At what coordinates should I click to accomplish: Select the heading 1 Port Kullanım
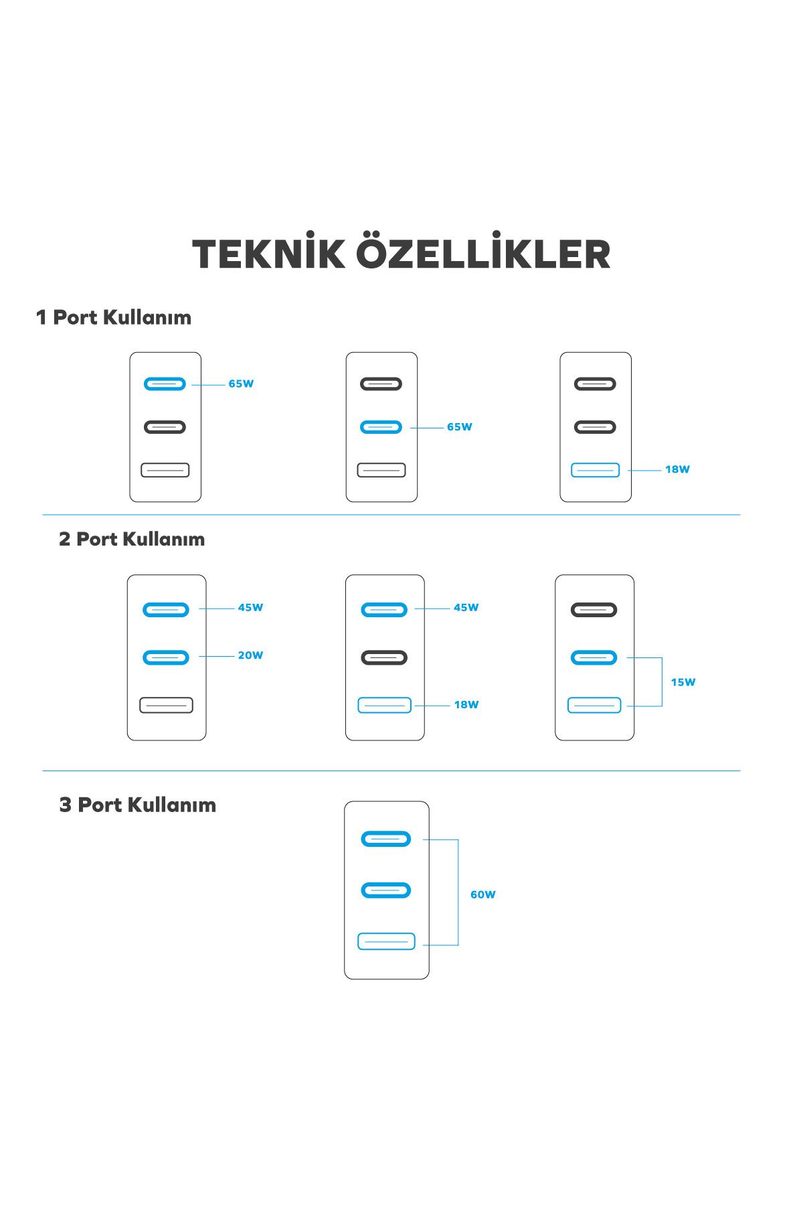[114, 317]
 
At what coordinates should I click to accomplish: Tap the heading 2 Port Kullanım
[132, 539]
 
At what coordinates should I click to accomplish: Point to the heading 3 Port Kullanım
[138, 805]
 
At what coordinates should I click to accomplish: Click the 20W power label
[250, 655]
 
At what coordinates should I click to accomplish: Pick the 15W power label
[683, 682]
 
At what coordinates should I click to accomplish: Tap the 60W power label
[483, 894]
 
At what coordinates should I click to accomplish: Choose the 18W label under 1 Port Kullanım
[677, 469]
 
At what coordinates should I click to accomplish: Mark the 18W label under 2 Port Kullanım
[466, 704]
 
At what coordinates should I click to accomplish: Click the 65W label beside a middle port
[460, 427]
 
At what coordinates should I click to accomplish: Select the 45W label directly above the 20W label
[250, 608]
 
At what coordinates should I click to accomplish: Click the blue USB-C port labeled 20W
[166, 657]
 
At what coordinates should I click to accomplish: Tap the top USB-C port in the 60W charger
[385, 839]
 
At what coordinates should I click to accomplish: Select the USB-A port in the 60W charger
[386, 941]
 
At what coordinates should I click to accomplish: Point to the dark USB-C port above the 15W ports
[594, 610]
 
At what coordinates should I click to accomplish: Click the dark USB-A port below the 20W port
[166, 705]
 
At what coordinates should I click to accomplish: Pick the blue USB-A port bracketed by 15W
[594, 705]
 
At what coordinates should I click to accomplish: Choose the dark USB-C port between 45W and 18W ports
[384, 657]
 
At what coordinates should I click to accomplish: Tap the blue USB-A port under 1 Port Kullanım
[595, 470]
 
